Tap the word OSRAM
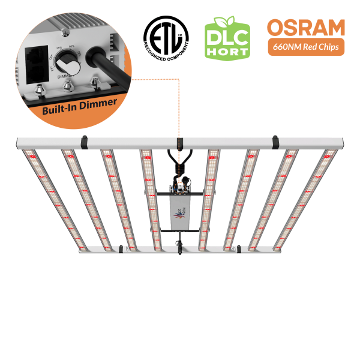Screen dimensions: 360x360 tap(306, 28)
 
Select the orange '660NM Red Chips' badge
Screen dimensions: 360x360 tap(306, 47)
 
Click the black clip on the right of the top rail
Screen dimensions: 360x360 tap(275, 142)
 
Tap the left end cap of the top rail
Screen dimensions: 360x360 tap(19, 143)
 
